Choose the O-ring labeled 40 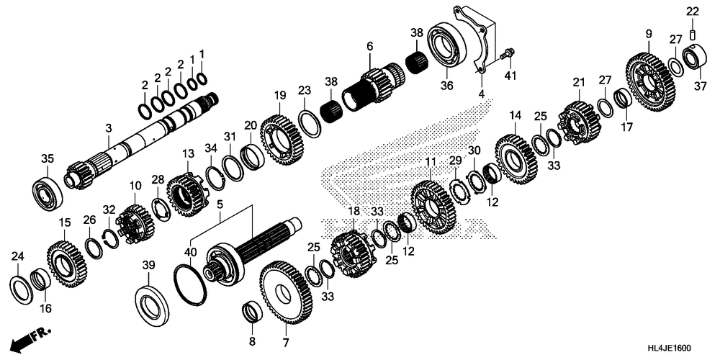click(191, 280)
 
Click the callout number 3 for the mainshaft click(108, 128)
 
